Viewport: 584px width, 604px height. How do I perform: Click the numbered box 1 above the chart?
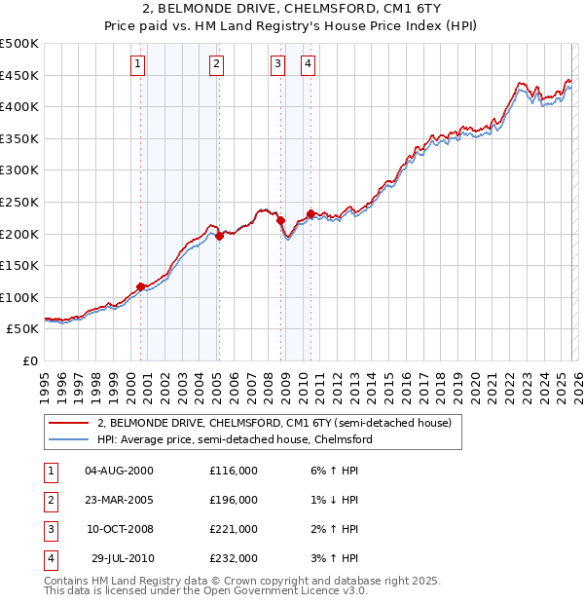click(137, 65)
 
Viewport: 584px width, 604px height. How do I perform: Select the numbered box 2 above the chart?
click(215, 65)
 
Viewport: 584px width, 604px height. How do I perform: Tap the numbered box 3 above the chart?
click(278, 65)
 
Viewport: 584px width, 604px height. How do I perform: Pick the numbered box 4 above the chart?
click(308, 65)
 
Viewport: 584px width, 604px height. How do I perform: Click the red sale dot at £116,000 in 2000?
click(141, 286)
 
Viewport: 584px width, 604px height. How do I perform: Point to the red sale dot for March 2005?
click(220, 236)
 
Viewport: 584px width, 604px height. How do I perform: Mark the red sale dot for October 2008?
click(280, 221)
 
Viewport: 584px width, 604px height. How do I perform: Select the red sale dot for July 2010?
click(310, 213)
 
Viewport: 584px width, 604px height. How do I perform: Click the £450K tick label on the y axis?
click(19, 75)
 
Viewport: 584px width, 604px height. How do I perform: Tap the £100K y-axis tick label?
click(19, 297)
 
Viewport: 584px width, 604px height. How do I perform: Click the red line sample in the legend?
click(69, 424)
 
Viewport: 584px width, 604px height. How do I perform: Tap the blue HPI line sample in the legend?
click(69, 439)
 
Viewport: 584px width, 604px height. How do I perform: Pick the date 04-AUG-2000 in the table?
click(120, 471)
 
